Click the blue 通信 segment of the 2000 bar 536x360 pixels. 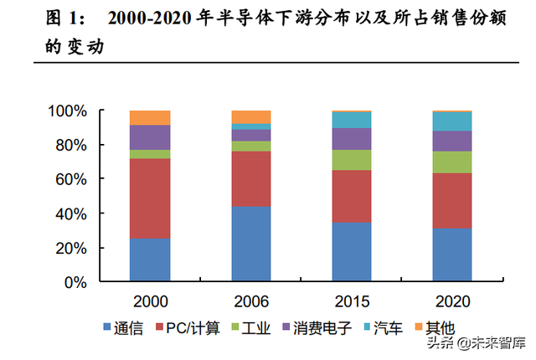(x=150, y=260)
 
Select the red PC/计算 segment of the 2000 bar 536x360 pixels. (x=150, y=198)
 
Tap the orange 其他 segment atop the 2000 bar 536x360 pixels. (x=150, y=117)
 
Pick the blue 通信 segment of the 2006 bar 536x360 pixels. (x=250, y=244)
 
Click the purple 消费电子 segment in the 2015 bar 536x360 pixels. (x=351, y=139)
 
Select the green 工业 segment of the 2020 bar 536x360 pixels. (x=451, y=162)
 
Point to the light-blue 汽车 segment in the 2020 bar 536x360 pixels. (x=451, y=121)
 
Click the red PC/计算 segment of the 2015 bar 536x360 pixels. (x=351, y=196)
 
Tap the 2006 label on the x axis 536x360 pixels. (x=250, y=300)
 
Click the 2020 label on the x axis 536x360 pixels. (x=451, y=300)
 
